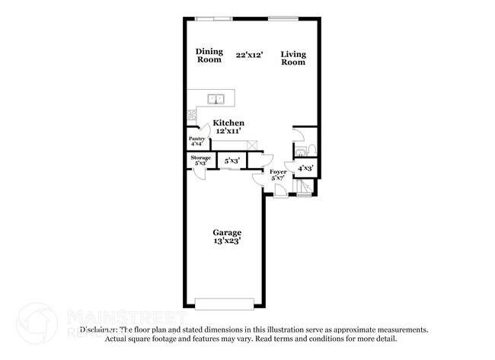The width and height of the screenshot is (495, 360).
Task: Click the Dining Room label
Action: coord(209,56)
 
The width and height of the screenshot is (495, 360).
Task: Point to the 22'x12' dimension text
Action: coord(250,55)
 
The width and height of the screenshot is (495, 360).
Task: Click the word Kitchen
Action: coord(228,123)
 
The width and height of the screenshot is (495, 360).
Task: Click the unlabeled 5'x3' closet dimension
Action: coord(232,161)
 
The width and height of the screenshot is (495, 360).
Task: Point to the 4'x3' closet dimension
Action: coord(305,168)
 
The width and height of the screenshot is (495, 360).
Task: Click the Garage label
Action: coord(227,233)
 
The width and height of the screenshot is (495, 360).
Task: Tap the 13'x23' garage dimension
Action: coord(227,242)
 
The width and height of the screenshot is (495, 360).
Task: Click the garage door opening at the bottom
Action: coord(226,304)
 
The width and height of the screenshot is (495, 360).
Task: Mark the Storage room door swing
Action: coord(200,172)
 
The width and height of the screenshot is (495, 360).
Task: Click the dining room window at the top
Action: coord(213,18)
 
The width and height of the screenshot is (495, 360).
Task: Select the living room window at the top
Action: coord(283,18)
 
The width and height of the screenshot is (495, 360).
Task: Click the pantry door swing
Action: coord(195,130)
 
